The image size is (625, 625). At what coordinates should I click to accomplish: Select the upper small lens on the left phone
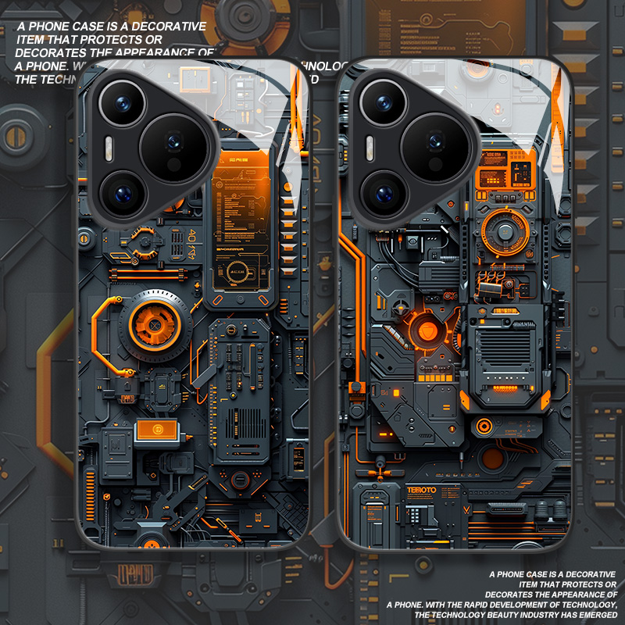point(123,102)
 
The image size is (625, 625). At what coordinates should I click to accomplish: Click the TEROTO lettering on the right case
point(422,490)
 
